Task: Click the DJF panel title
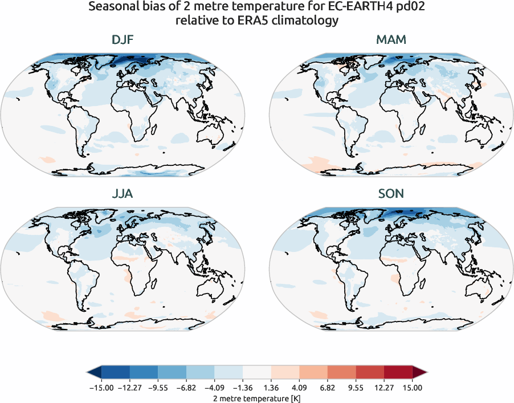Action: coord(123,40)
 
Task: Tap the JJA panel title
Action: coord(123,194)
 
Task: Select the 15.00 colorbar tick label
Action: coord(413,388)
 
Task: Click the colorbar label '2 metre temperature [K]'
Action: coord(257,397)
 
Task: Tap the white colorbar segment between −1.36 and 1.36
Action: coord(257,373)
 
